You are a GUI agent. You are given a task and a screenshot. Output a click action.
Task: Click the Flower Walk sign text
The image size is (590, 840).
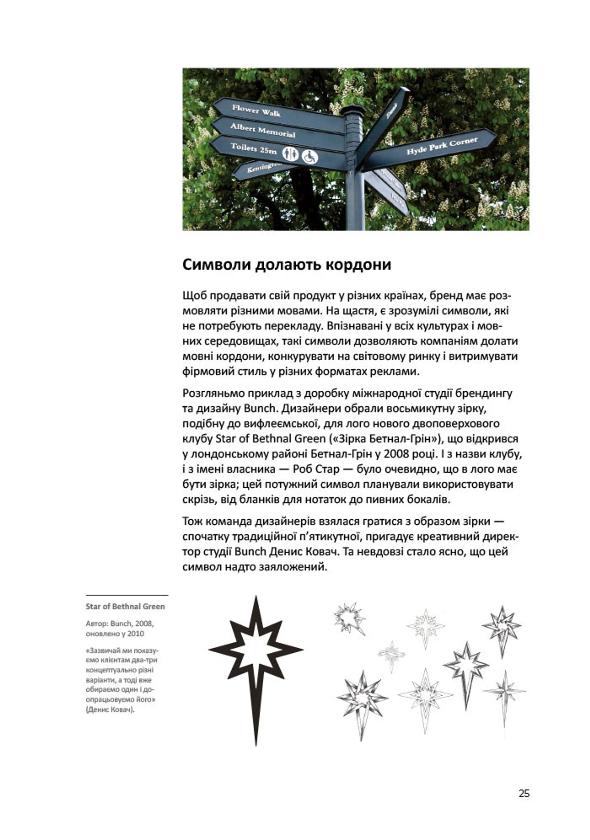coord(256,110)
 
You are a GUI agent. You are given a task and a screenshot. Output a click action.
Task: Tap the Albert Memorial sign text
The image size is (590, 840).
coord(262,130)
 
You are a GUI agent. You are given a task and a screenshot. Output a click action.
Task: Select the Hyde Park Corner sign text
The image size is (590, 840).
coord(442,146)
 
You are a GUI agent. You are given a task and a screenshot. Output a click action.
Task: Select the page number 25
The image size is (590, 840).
coord(524,794)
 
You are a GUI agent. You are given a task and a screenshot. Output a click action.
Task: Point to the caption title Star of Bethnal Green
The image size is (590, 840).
coord(125,607)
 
